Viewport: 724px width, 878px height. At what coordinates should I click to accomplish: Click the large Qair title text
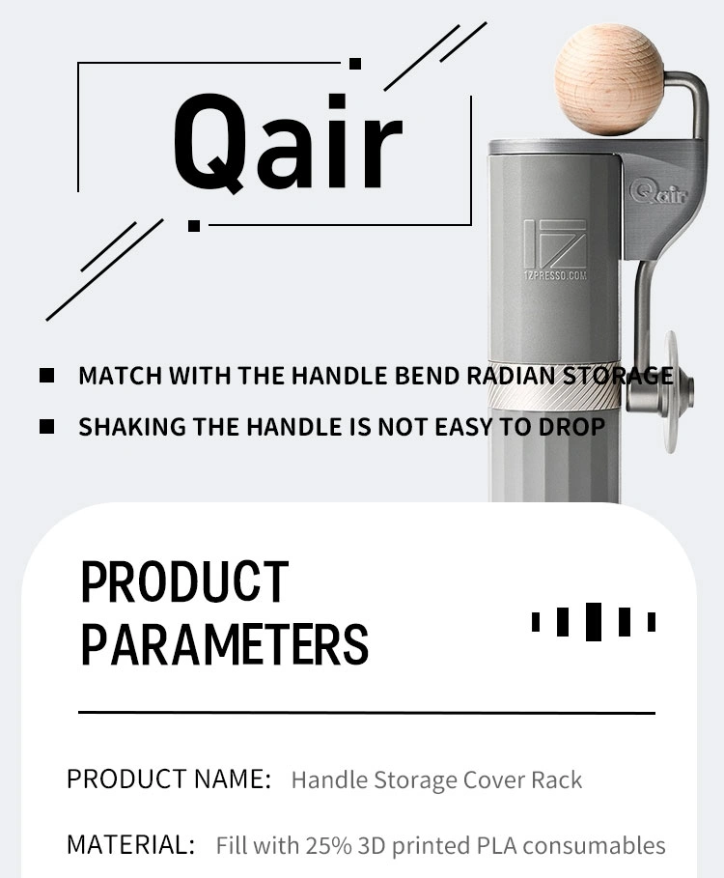point(288,143)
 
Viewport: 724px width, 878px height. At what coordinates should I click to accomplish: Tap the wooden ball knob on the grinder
point(609,80)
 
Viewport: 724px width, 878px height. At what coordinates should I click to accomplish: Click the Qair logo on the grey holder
point(658,192)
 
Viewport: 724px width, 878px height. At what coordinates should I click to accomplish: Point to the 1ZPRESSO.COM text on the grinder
point(556,275)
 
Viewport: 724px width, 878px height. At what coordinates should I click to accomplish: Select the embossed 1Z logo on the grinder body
point(555,243)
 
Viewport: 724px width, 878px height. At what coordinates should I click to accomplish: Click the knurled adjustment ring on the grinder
point(554,388)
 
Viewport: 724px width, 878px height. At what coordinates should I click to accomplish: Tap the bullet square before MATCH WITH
point(47,375)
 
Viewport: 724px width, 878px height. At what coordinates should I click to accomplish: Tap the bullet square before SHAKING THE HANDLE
point(47,427)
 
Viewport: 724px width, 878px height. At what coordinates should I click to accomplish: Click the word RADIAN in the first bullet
point(511,376)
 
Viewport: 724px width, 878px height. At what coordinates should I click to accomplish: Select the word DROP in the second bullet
point(571,427)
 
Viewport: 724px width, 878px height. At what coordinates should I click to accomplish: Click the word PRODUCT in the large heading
point(184,582)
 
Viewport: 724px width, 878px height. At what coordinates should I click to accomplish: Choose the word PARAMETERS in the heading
point(225,644)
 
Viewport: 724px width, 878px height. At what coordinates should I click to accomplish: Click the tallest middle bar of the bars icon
point(594,621)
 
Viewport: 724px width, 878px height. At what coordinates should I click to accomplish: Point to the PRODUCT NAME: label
point(169,779)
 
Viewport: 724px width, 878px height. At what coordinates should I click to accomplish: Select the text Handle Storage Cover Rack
point(437,779)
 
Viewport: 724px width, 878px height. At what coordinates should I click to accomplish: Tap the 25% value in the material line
point(328,845)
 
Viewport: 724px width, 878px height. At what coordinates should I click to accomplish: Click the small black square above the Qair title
point(354,64)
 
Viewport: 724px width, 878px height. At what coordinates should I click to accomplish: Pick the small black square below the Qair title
point(194,226)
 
